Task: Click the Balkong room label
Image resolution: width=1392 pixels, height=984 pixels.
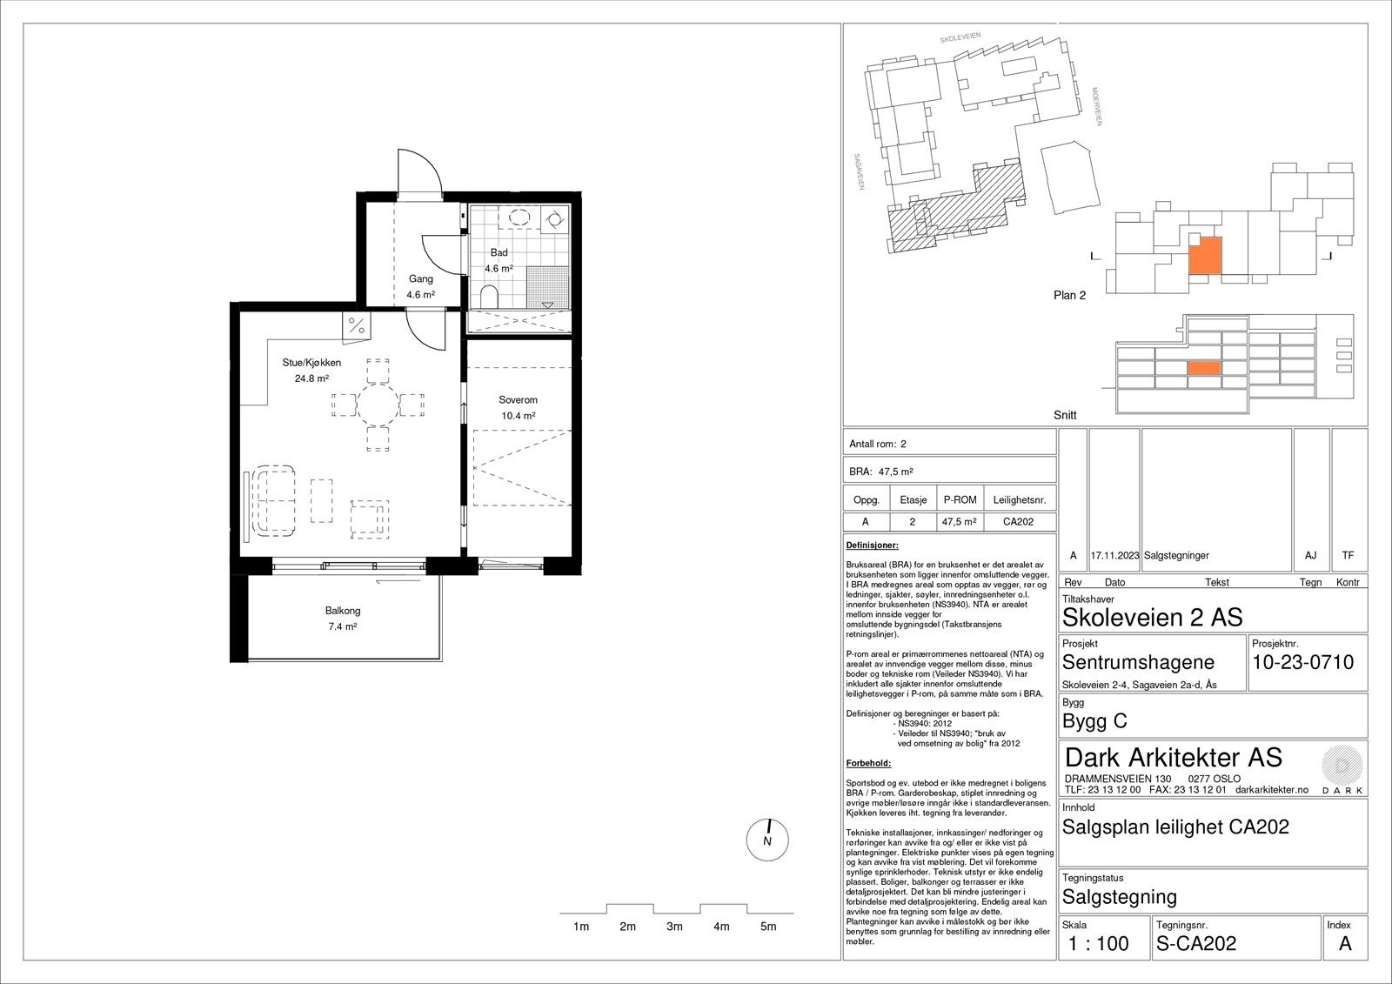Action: pyautogui.click(x=343, y=611)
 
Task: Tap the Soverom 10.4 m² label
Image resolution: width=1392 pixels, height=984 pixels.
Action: pyautogui.click(x=519, y=408)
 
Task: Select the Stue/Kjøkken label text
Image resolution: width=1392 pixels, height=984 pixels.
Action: pyautogui.click(x=311, y=363)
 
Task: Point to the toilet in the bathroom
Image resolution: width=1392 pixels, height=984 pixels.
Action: pyautogui.click(x=489, y=298)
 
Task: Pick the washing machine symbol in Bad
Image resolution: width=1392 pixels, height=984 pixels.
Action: pyautogui.click(x=554, y=218)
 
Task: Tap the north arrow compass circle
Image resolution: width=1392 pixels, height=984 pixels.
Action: pyautogui.click(x=767, y=840)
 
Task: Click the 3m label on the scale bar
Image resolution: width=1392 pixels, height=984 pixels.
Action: pyautogui.click(x=674, y=927)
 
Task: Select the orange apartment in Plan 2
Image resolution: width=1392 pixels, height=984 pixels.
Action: pyautogui.click(x=1205, y=256)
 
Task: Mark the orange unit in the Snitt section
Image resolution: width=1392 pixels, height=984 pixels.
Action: pyautogui.click(x=1204, y=369)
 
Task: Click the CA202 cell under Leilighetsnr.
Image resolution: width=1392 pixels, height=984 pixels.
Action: pyautogui.click(x=1019, y=521)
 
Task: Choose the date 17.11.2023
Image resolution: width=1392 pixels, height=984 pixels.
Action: pyautogui.click(x=1114, y=555)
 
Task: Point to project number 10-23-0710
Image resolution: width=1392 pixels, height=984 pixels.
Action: pyautogui.click(x=1303, y=662)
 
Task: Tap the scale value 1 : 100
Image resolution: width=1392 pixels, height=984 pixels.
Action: pyautogui.click(x=1099, y=944)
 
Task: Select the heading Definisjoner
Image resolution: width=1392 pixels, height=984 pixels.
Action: pyautogui.click(x=872, y=546)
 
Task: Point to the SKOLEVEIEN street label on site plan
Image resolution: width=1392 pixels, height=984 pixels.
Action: pyautogui.click(x=960, y=37)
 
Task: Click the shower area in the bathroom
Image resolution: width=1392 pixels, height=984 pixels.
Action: pyautogui.click(x=547, y=288)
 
